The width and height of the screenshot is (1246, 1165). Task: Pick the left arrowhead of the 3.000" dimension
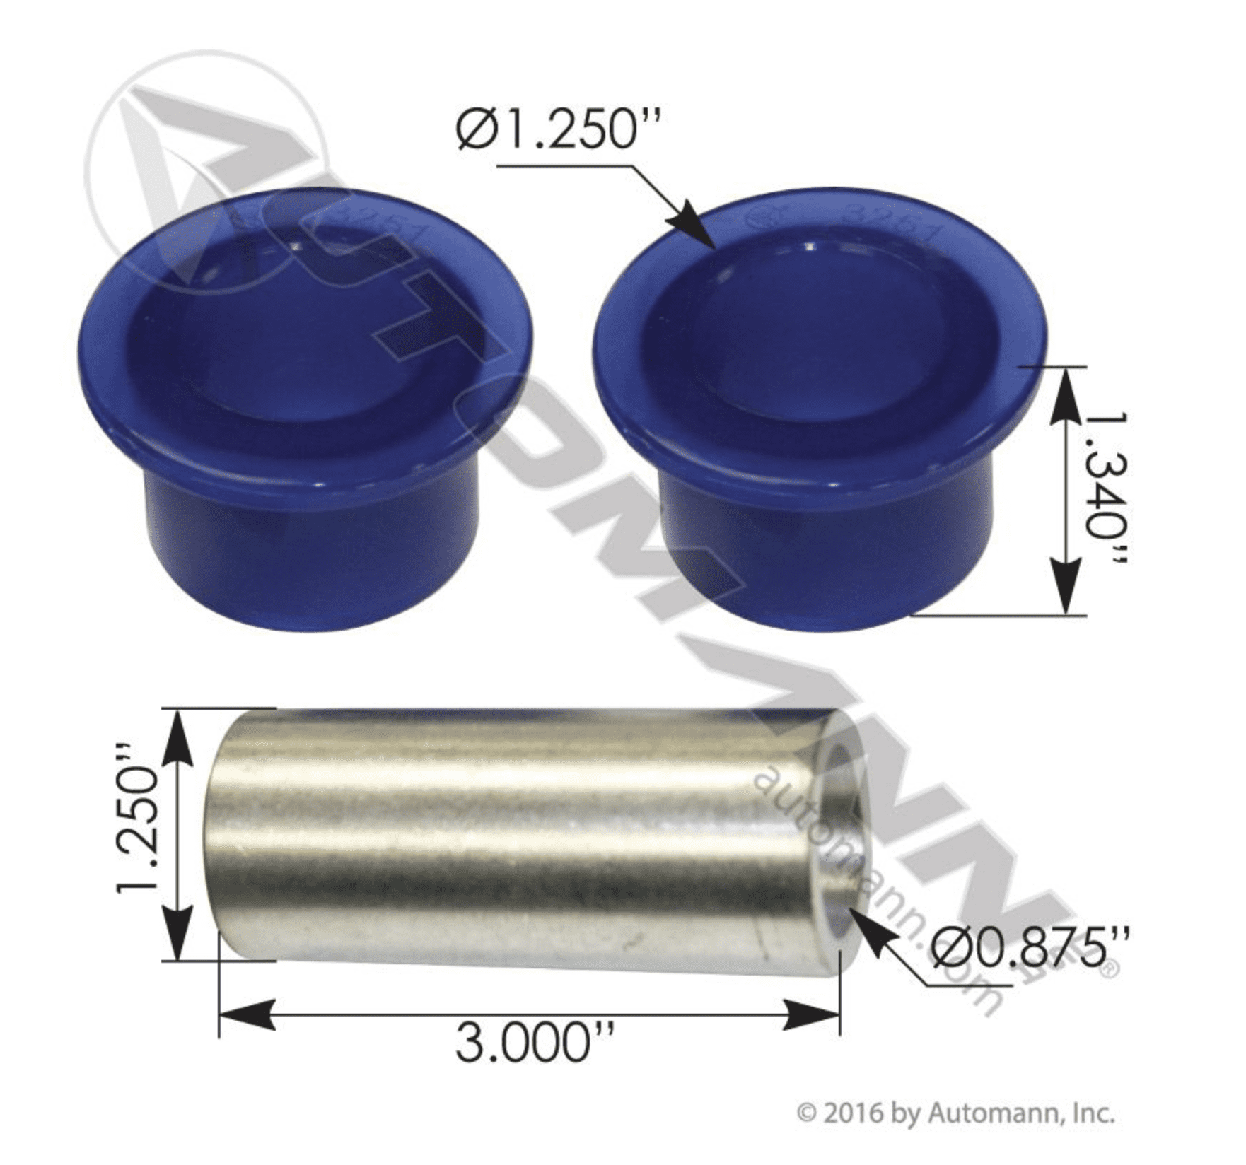244,1016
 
